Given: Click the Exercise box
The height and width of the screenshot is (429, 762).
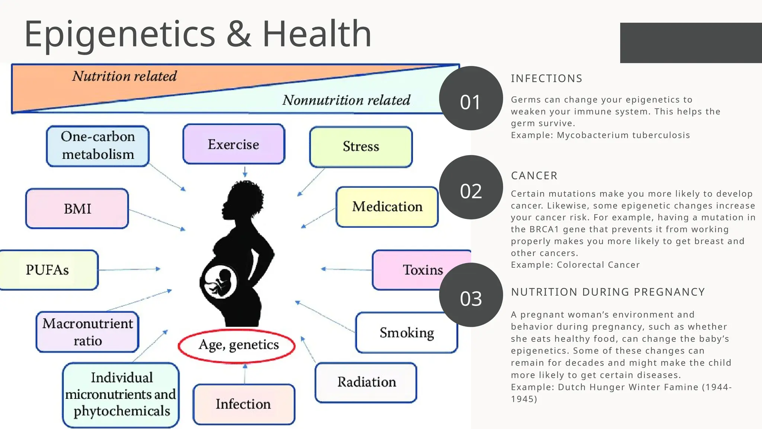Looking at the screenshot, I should (234, 144).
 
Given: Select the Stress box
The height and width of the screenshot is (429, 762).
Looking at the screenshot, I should (361, 147).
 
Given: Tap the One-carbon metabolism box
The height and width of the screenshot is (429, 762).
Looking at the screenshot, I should (97, 146).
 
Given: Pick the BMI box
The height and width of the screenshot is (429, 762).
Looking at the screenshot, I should (77, 209).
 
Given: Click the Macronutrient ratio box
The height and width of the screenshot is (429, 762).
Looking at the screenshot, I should (87, 332).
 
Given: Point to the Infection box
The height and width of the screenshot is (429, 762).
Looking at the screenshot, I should (244, 404).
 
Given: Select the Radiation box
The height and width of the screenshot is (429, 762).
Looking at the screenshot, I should (366, 382).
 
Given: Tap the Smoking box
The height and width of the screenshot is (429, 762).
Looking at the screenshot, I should (406, 333).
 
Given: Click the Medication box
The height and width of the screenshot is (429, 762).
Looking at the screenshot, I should (387, 207).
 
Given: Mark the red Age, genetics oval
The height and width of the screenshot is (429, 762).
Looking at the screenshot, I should (237, 345).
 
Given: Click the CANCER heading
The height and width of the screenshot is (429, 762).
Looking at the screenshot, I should (534, 176).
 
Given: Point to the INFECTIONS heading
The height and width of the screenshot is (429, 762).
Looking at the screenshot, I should (546, 79).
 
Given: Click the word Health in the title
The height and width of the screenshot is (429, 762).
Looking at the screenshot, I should (317, 34).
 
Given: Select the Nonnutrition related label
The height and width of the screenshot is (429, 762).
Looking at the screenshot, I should (346, 100).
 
